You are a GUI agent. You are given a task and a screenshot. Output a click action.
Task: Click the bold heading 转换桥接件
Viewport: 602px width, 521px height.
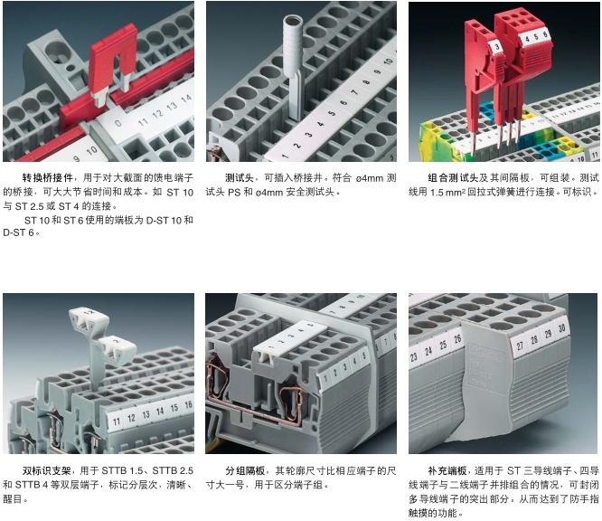click(x=48, y=177)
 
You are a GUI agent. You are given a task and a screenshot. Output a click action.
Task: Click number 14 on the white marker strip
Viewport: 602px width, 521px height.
click(x=186, y=99)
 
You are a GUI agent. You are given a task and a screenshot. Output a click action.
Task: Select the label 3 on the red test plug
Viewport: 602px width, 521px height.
click(x=497, y=47)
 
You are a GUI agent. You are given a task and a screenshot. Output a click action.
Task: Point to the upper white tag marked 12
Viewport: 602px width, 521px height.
click(x=89, y=316)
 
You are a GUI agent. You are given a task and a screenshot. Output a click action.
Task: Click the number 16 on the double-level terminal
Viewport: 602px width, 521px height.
click(x=188, y=404)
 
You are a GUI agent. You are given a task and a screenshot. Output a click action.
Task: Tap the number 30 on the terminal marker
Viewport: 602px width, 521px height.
click(x=561, y=327)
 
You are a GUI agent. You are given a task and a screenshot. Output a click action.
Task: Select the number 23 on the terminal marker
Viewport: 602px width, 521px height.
click(x=414, y=357)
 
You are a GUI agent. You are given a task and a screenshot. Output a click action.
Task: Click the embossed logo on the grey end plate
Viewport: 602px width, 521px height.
click(x=486, y=352)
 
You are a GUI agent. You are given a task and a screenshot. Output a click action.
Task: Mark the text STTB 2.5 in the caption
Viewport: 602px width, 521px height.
click(x=173, y=470)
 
